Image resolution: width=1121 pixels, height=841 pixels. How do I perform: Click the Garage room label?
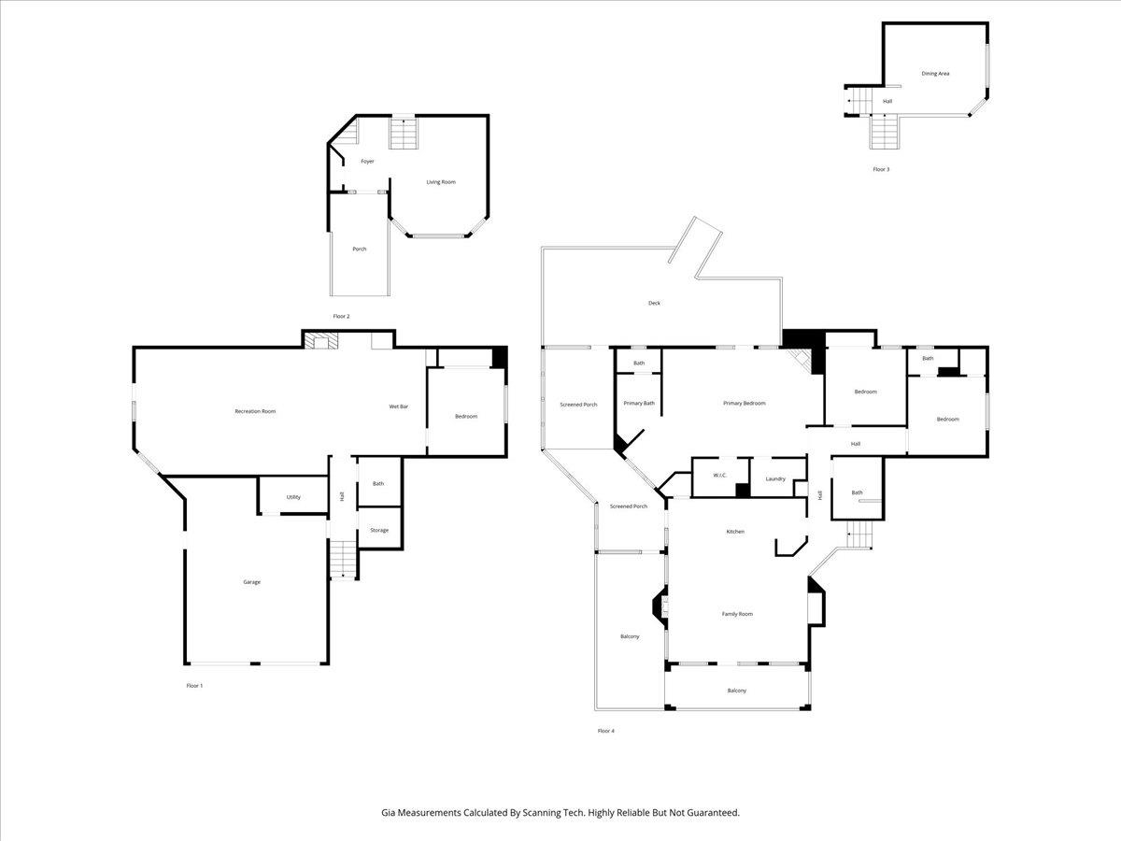tap(251, 582)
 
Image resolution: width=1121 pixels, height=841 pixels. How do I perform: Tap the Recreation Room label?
tap(255, 411)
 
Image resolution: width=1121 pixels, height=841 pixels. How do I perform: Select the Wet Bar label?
tap(398, 406)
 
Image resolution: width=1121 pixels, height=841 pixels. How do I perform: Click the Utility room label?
tap(293, 497)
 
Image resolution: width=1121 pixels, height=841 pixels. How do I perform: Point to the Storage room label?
tap(378, 530)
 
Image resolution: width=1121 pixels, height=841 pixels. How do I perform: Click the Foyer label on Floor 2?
tap(367, 162)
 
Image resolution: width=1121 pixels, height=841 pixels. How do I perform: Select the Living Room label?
tap(441, 182)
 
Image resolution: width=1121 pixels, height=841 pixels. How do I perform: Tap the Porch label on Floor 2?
tap(359, 249)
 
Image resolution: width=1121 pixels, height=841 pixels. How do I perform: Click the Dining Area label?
tap(935, 73)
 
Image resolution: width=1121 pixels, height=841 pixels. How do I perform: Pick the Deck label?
tap(654, 303)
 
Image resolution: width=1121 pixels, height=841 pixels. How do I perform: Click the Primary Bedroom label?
tap(744, 403)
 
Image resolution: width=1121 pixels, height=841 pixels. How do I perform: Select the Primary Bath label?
tap(639, 403)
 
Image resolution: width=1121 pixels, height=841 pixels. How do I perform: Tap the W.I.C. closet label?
tap(719, 476)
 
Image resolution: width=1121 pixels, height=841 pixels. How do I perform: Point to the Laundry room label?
tap(774, 478)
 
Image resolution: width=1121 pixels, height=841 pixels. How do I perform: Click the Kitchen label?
tap(735, 532)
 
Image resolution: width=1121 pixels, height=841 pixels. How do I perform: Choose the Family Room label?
tap(737, 614)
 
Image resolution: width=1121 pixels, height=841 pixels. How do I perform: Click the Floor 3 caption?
tap(881, 169)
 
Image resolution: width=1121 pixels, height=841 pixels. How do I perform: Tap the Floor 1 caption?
tap(194, 685)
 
